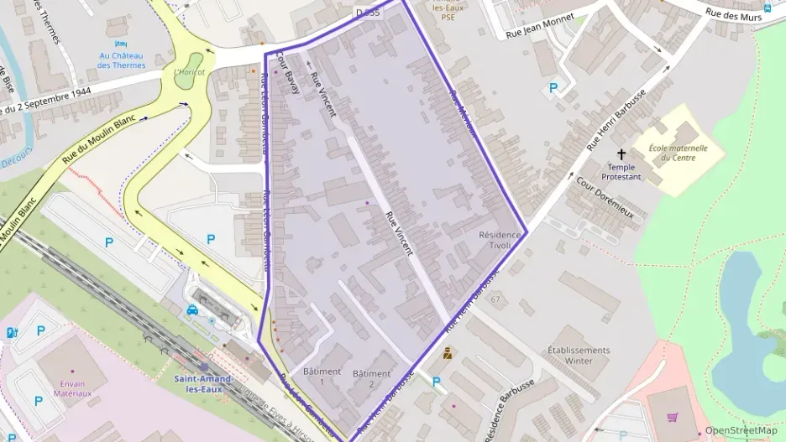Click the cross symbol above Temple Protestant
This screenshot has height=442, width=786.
622,154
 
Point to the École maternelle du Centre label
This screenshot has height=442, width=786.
678,153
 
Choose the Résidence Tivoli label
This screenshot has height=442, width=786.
500,241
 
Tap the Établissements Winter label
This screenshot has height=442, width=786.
579,355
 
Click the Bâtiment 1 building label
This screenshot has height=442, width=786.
322,377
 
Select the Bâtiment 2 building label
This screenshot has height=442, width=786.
371,379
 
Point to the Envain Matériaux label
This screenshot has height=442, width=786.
72,387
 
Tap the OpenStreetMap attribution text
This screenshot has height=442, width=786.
741,430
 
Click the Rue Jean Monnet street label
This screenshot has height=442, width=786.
540,26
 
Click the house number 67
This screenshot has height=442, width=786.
495,299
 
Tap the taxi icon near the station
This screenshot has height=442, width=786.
192,309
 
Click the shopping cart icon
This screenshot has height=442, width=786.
672,417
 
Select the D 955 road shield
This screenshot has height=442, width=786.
368,13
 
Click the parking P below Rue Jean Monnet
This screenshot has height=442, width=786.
553,87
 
